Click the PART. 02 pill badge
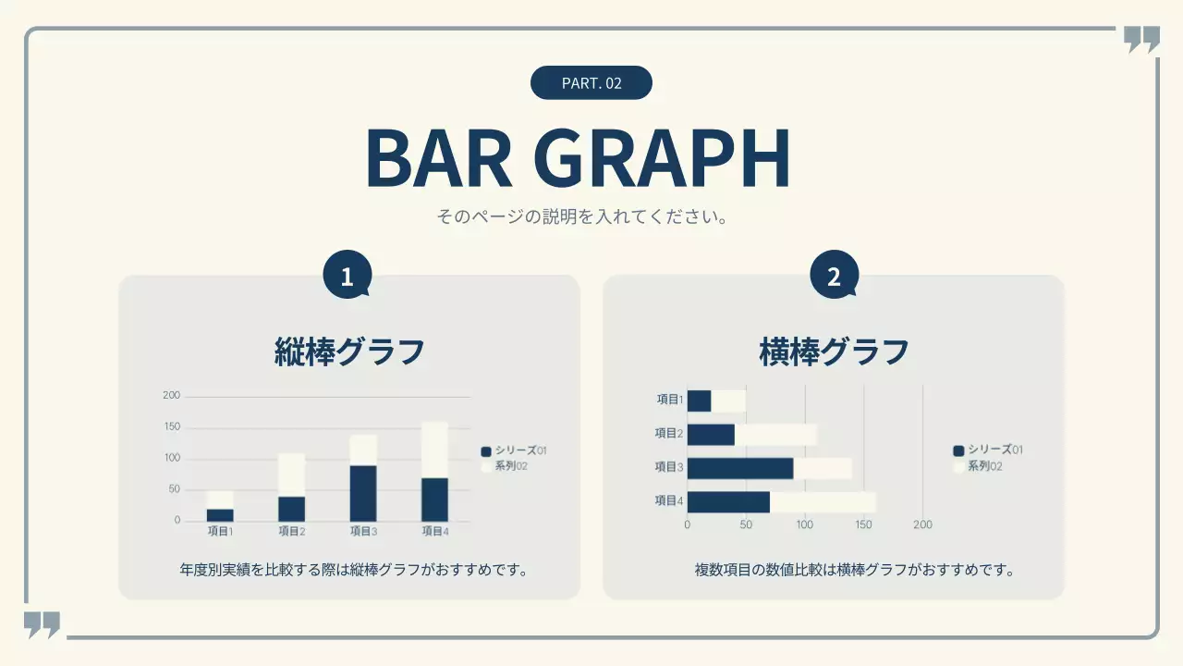(x=591, y=83)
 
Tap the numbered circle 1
(x=348, y=277)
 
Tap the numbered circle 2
(x=834, y=277)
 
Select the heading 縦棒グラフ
(x=349, y=352)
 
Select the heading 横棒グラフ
(x=834, y=352)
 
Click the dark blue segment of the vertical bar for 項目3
(x=363, y=493)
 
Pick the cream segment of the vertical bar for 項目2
(x=291, y=475)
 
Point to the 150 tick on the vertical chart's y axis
(x=172, y=427)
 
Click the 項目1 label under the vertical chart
(x=220, y=531)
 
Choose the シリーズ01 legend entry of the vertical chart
(x=514, y=450)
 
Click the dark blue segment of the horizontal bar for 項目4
(x=728, y=502)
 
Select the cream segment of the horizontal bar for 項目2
(x=774, y=435)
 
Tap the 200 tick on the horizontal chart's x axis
(x=922, y=524)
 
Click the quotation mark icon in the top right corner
(x=1141, y=40)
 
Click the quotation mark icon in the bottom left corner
(x=42, y=624)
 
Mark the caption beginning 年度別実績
(x=354, y=569)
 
